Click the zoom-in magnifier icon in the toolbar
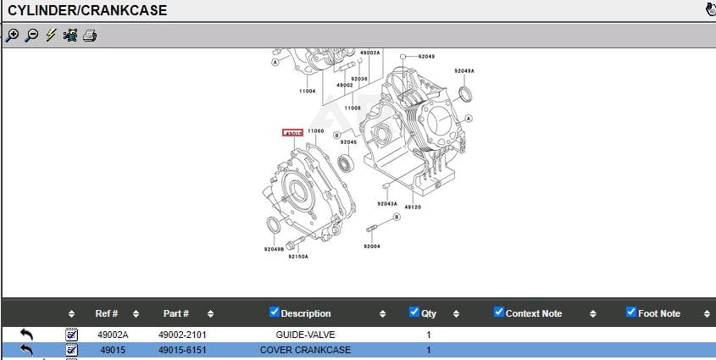pos(12,36)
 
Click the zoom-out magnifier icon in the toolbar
pos(31,36)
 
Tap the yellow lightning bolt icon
pos(51,36)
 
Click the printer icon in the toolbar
pos(90,36)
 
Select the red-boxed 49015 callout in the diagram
pos(293,133)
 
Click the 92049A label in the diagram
pos(464,71)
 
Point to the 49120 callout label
pos(413,207)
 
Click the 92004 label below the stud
pos(372,246)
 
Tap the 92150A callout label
pos(297,256)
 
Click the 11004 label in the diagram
pos(307,91)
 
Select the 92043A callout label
pos(387,203)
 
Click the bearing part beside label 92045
pos(346,163)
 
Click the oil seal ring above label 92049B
pos(273,226)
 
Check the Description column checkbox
pos(274,312)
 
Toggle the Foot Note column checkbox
pos(630,312)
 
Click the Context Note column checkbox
pos(498,312)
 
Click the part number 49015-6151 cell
pos(182,350)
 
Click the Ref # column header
pos(107,313)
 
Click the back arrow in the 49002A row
pos(26,335)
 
